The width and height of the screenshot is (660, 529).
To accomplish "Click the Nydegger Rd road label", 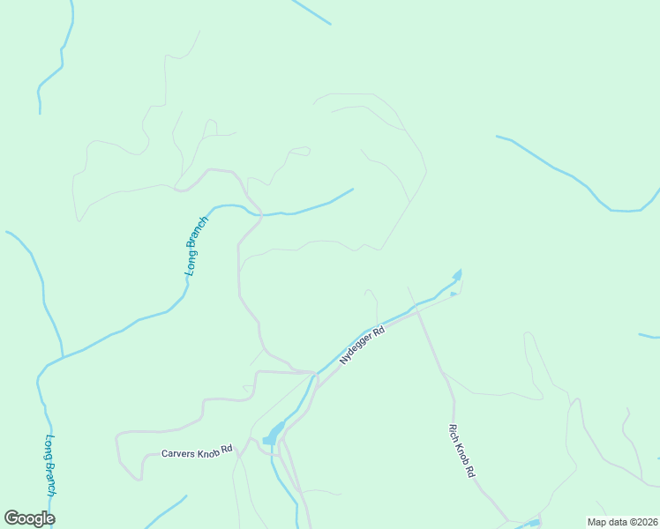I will (x=363, y=346).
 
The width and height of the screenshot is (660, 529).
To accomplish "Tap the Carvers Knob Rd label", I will (x=197, y=451).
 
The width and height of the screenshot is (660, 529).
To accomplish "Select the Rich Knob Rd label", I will (x=461, y=451).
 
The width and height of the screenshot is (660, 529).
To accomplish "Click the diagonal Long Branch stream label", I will (x=197, y=246).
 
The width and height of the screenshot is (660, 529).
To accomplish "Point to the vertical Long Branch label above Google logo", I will (x=51, y=466).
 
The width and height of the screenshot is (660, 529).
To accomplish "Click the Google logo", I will (x=29, y=518).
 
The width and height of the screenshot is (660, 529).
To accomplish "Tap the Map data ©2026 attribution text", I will (x=622, y=522).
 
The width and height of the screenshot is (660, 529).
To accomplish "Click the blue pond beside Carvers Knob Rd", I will (x=273, y=433).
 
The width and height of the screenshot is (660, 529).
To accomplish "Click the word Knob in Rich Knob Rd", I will (x=461, y=451).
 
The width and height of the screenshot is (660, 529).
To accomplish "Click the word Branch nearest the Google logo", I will (x=51, y=481).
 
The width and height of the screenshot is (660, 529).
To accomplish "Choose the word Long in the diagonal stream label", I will (x=190, y=264).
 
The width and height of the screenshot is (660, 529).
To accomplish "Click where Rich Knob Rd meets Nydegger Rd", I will (x=415, y=310).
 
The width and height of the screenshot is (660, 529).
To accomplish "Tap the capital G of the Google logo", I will (x=12, y=518).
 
